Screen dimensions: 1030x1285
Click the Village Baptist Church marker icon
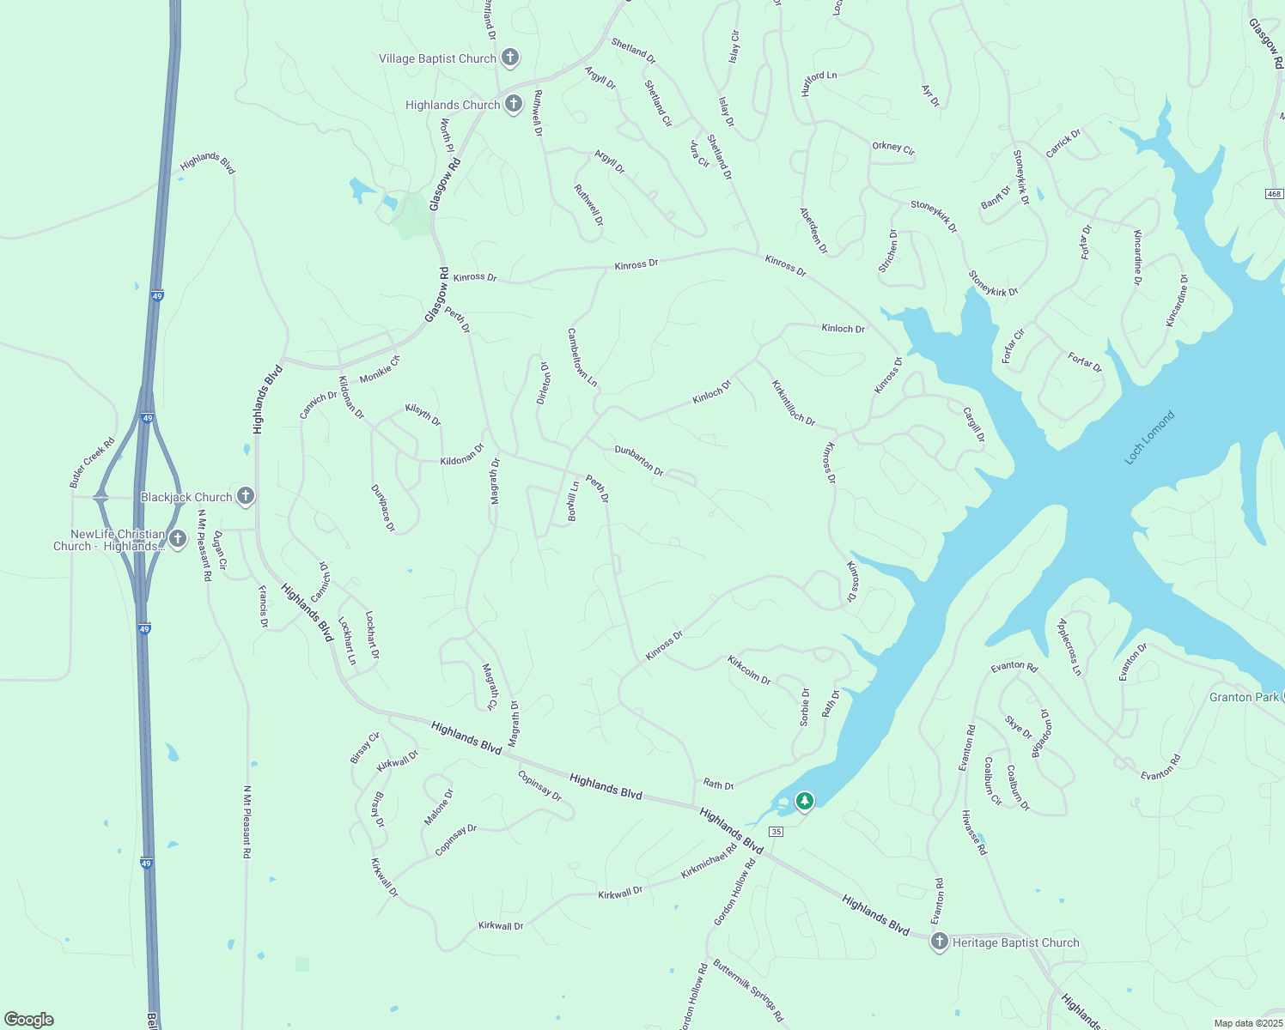pyautogui.click(x=510, y=58)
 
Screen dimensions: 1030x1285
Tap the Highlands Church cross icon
pyautogui.click(x=513, y=104)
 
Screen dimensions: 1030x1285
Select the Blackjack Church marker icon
pyautogui.click(x=246, y=496)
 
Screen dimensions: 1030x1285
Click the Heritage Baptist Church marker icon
pyautogui.click(x=939, y=942)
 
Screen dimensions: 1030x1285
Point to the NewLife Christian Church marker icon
pyautogui.click(x=178, y=539)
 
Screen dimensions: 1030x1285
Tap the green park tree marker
pyautogui.click(x=804, y=801)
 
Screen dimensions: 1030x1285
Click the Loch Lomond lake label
pyautogui.click(x=1148, y=438)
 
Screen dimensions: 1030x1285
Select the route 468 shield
pyautogui.click(x=1274, y=194)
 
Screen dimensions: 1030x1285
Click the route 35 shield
pyautogui.click(x=776, y=832)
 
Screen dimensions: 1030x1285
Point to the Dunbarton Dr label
pyautogui.click(x=639, y=460)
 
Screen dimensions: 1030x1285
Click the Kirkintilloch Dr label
pyautogui.click(x=792, y=403)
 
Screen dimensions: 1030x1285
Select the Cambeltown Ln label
pyautogui.click(x=582, y=357)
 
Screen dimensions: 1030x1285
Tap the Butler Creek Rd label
pyautogui.click(x=92, y=463)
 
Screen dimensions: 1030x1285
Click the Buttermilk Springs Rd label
pyautogui.click(x=748, y=990)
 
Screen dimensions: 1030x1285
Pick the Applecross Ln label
pyautogui.click(x=1069, y=646)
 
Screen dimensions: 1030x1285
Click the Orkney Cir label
pyautogui.click(x=893, y=148)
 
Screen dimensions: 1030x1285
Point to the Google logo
pyautogui.click(x=28, y=1019)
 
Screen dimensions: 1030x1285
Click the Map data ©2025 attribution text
pyautogui.click(x=1246, y=1023)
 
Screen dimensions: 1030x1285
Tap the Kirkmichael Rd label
pyautogui.click(x=709, y=861)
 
